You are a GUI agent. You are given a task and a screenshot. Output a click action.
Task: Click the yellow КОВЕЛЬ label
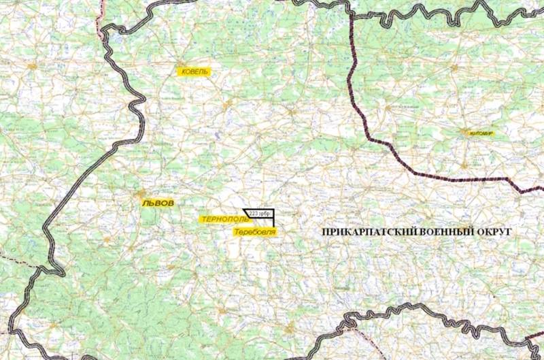193,71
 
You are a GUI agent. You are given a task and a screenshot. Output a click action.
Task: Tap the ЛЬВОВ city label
158,203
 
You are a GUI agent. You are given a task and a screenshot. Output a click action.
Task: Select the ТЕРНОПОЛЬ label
224,219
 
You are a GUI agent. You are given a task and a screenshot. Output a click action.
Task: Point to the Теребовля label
255,232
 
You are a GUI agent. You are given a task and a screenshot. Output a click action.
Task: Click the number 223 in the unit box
254,213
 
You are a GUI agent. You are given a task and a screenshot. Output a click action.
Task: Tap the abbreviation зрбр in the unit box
265,213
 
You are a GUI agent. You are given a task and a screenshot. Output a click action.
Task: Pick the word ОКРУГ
494,232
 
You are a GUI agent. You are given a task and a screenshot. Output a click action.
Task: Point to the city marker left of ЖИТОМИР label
463,132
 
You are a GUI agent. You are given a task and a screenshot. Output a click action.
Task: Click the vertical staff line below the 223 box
273,223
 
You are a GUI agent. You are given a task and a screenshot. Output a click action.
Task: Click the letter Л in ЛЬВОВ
145,203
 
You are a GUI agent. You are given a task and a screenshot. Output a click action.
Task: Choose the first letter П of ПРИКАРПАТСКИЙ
324,232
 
